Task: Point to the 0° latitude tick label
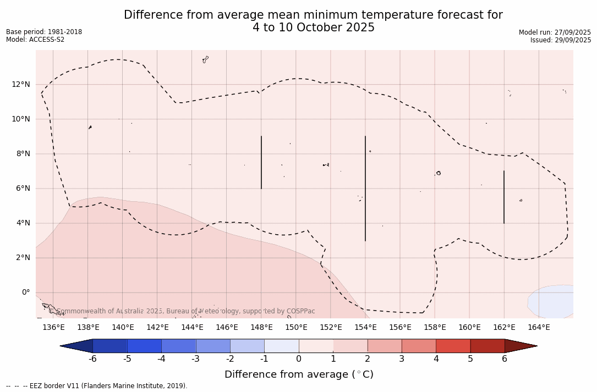[25, 292]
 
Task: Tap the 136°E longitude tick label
[53, 328]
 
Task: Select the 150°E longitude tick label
[296, 328]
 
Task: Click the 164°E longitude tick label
[539, 328]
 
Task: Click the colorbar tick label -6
[92, 359]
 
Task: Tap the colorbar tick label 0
[299, 359]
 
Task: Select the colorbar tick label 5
[470, 359]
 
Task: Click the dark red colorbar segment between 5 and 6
[488, 346]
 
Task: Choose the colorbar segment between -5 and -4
[144, 346]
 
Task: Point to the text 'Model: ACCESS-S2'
[35, 40]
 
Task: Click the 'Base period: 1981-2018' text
[44, 32]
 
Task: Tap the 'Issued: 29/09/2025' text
[561, 40]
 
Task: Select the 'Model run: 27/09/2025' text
[555, 32]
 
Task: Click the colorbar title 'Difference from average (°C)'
[299, 374]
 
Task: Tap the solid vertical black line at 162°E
[504, 197]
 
